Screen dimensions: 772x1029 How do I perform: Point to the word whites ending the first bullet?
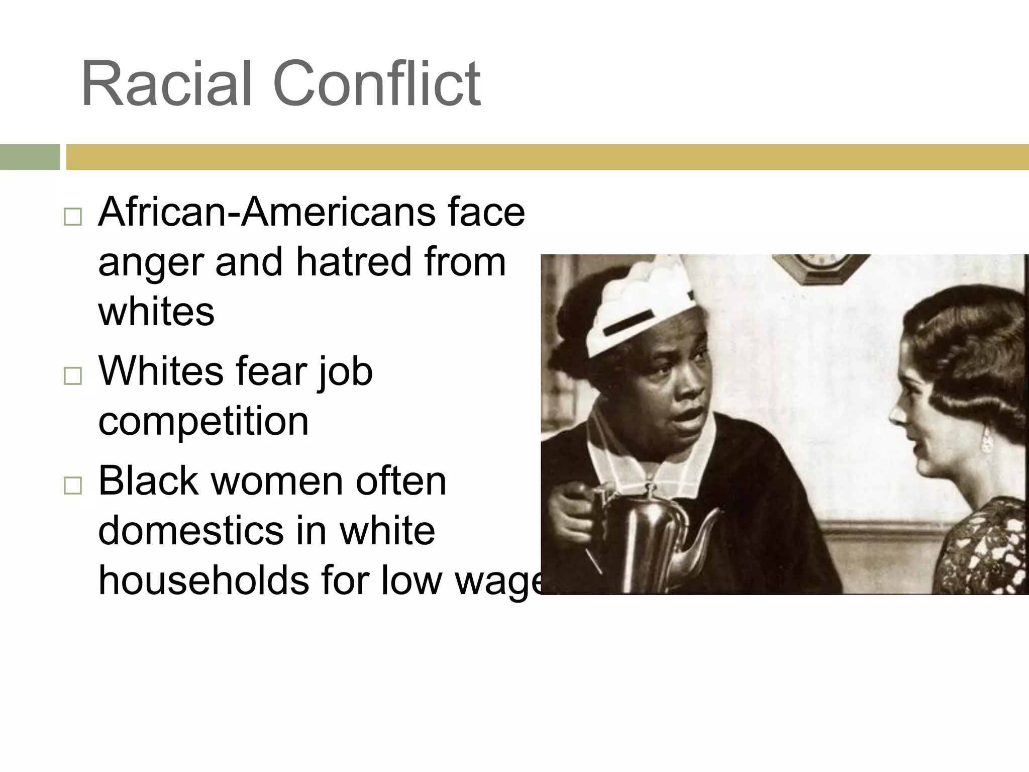[156, 312]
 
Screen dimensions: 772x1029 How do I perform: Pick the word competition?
[203, 421]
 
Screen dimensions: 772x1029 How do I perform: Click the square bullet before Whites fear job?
[73, 376]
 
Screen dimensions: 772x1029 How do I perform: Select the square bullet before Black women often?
[73, 486]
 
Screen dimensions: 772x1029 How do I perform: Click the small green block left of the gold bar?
[30, 157]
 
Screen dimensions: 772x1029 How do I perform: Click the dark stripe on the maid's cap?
[628, 323]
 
